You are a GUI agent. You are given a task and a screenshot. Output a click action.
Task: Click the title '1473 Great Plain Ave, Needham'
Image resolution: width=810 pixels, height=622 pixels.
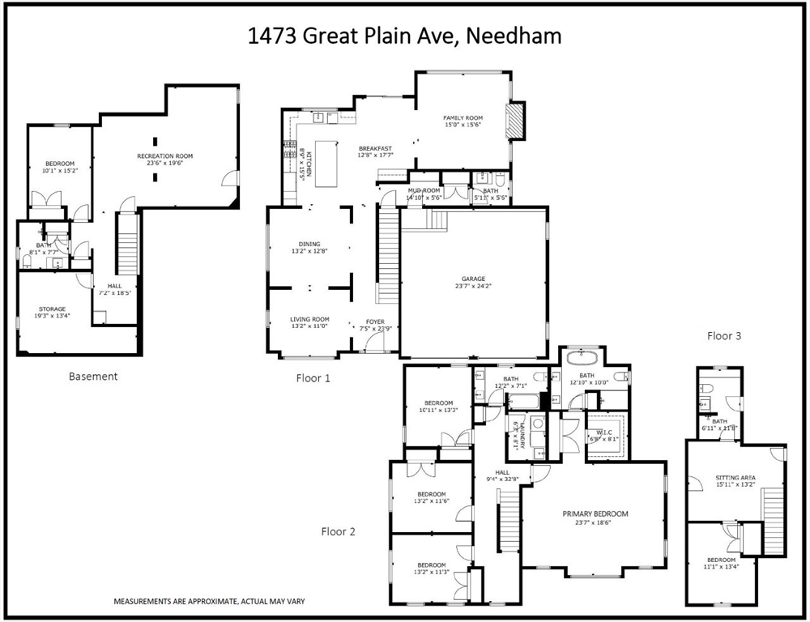(x=404, y=36)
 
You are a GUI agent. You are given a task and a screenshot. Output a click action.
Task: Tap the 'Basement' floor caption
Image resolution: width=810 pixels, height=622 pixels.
(x=93, y=376)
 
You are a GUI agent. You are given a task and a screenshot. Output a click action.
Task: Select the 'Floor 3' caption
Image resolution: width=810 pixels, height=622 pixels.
(x=724, y=335)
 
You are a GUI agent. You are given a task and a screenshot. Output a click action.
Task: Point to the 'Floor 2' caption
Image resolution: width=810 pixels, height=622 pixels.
(x=338, y=532)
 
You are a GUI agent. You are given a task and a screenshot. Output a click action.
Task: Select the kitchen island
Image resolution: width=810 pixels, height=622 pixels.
(x=326, y=161)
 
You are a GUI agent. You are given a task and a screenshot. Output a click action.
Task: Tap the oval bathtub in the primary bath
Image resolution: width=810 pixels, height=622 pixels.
(x=582, y=357)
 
